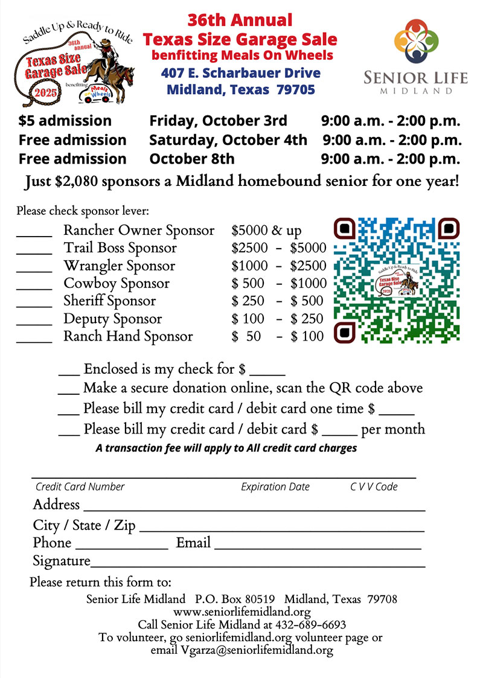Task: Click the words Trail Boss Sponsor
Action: coord(120,248)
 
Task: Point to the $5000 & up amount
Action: coord(266,231)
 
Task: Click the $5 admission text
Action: coord(65,121)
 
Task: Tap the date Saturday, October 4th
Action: coord(228,140)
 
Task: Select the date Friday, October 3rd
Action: coord(218,121)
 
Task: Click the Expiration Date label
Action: coord(275,487)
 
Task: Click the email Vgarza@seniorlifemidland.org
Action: coord(257,650)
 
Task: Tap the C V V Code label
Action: coord(374,487)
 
